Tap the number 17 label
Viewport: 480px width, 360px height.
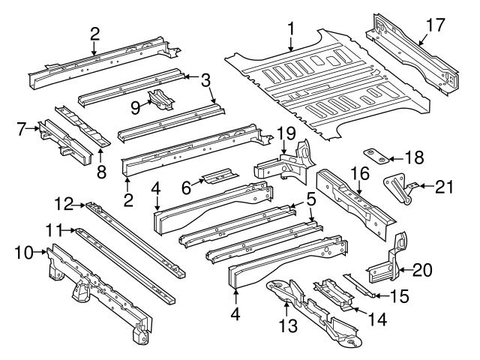[436, 24]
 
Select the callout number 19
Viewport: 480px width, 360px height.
[283, 135]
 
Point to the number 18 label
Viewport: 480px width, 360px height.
[413, 157]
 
